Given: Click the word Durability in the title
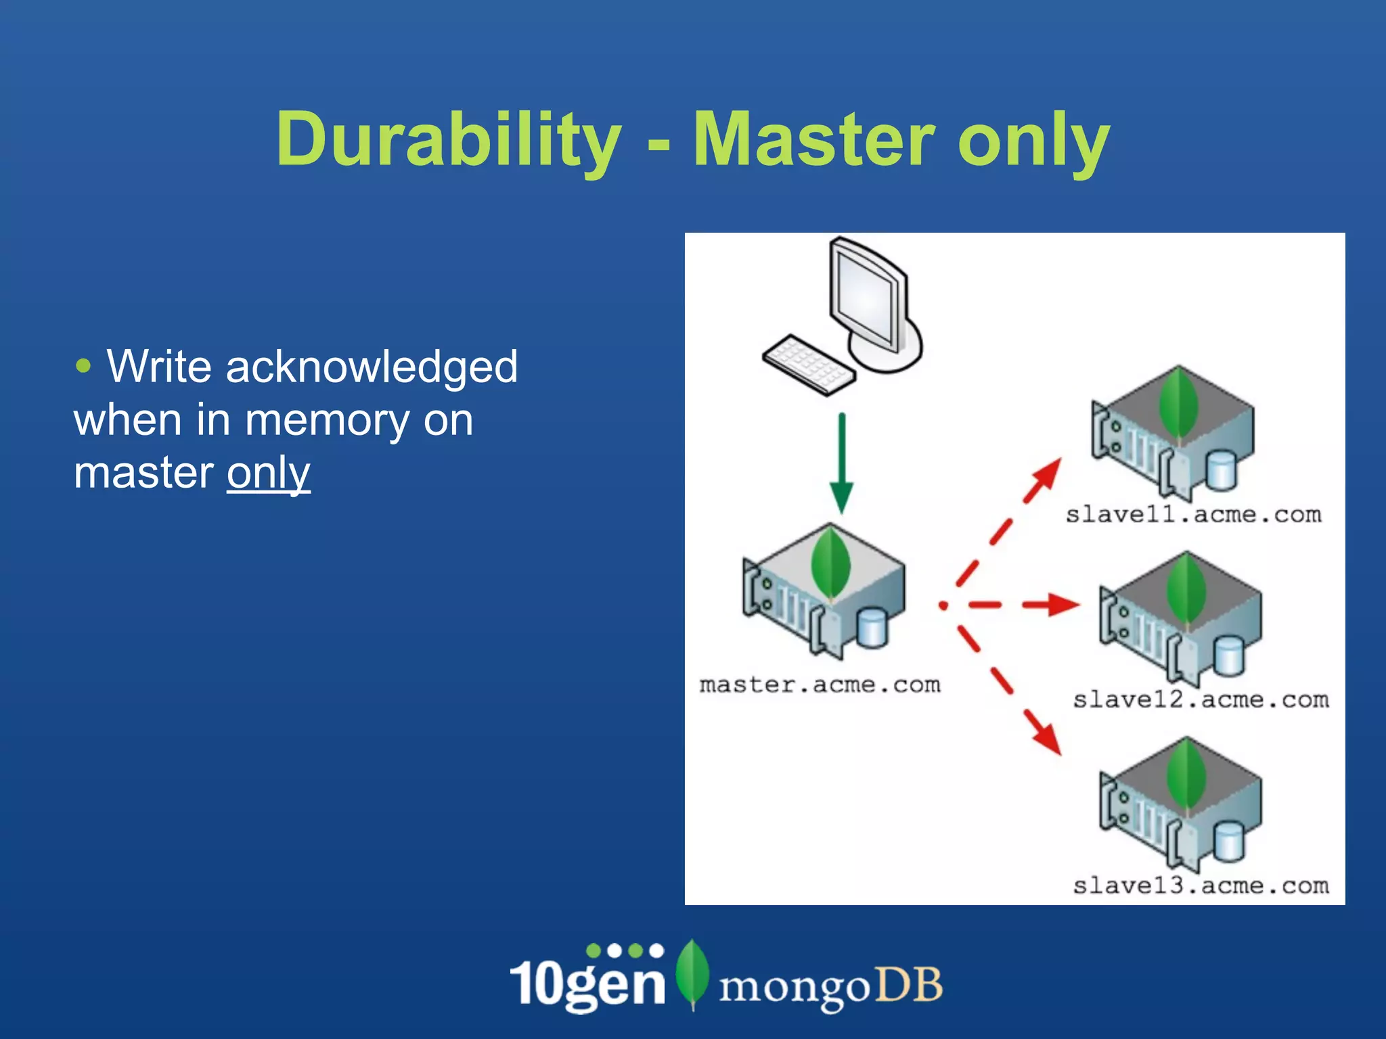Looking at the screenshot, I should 448,140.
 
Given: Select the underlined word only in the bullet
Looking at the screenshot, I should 268,473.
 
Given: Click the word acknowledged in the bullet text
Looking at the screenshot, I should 372,367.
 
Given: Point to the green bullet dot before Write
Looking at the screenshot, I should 83,367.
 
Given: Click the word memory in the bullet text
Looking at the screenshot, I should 327,420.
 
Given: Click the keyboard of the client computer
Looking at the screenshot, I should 808,364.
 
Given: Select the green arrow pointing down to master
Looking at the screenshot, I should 841,467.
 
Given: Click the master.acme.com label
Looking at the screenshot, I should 820,685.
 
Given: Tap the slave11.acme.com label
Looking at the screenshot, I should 1193,515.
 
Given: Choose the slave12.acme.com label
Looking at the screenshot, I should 1201,699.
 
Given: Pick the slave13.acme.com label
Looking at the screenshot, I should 1201,885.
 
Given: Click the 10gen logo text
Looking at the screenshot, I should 587,982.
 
